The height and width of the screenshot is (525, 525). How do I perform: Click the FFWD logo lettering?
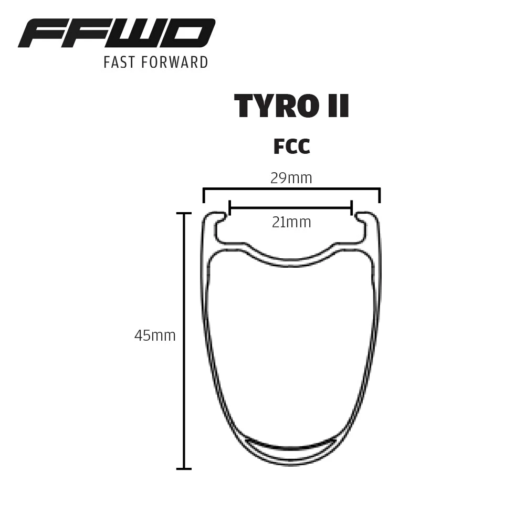tap(117, 34)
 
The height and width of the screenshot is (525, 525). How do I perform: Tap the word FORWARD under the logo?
tap(177, 62)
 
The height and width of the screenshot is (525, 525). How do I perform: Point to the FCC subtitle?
tap(291, 147)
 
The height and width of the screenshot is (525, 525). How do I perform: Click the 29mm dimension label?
tap(291, 178)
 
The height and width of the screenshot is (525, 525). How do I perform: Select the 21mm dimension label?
tap(291, 223)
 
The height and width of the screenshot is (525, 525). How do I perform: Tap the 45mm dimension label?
tap(155, 336)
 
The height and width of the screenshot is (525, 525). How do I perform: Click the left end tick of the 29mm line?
tap(204, 195)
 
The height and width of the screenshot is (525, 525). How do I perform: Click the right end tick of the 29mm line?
tap(380, 195)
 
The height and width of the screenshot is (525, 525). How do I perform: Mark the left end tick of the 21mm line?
tap(230, 208)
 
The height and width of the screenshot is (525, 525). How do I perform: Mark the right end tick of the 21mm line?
tap(351, 208)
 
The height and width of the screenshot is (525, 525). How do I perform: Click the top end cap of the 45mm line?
tap(183, 214)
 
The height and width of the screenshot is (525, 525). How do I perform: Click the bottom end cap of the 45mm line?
tap(183, 468)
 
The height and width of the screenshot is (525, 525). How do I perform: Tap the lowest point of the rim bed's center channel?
tap(291, 262)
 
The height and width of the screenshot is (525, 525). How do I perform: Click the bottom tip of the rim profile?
tap(291, 464)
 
